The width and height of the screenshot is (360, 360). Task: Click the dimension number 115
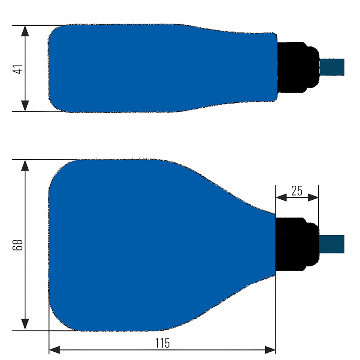pyautogui.click(x=162, y=343)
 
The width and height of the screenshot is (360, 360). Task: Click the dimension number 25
pyautogui.click(x=297, y=191)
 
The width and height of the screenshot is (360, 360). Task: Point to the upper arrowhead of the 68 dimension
pyautogui.click(x=25, y=165)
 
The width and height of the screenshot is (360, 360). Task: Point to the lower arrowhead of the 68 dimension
pyautogui.click(x=25, y=324)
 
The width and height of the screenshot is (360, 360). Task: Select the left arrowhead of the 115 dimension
pyautogui.click(x=55, y=349)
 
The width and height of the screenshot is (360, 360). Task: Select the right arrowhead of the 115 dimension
pyautogui.click(x=270, y=349)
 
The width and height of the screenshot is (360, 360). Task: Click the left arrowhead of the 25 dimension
pyautogui.click(x=280, y=197)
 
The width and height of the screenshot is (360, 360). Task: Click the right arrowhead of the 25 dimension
pyautogui.click(x=313, y=197)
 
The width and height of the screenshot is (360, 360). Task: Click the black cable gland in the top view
pyautogui.click(x=297, y=67)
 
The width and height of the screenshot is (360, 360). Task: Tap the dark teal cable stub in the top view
pyautogui.click(x=332, y=67)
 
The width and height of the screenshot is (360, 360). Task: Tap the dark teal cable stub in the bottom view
pyautogui.click(x=332, y=244)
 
